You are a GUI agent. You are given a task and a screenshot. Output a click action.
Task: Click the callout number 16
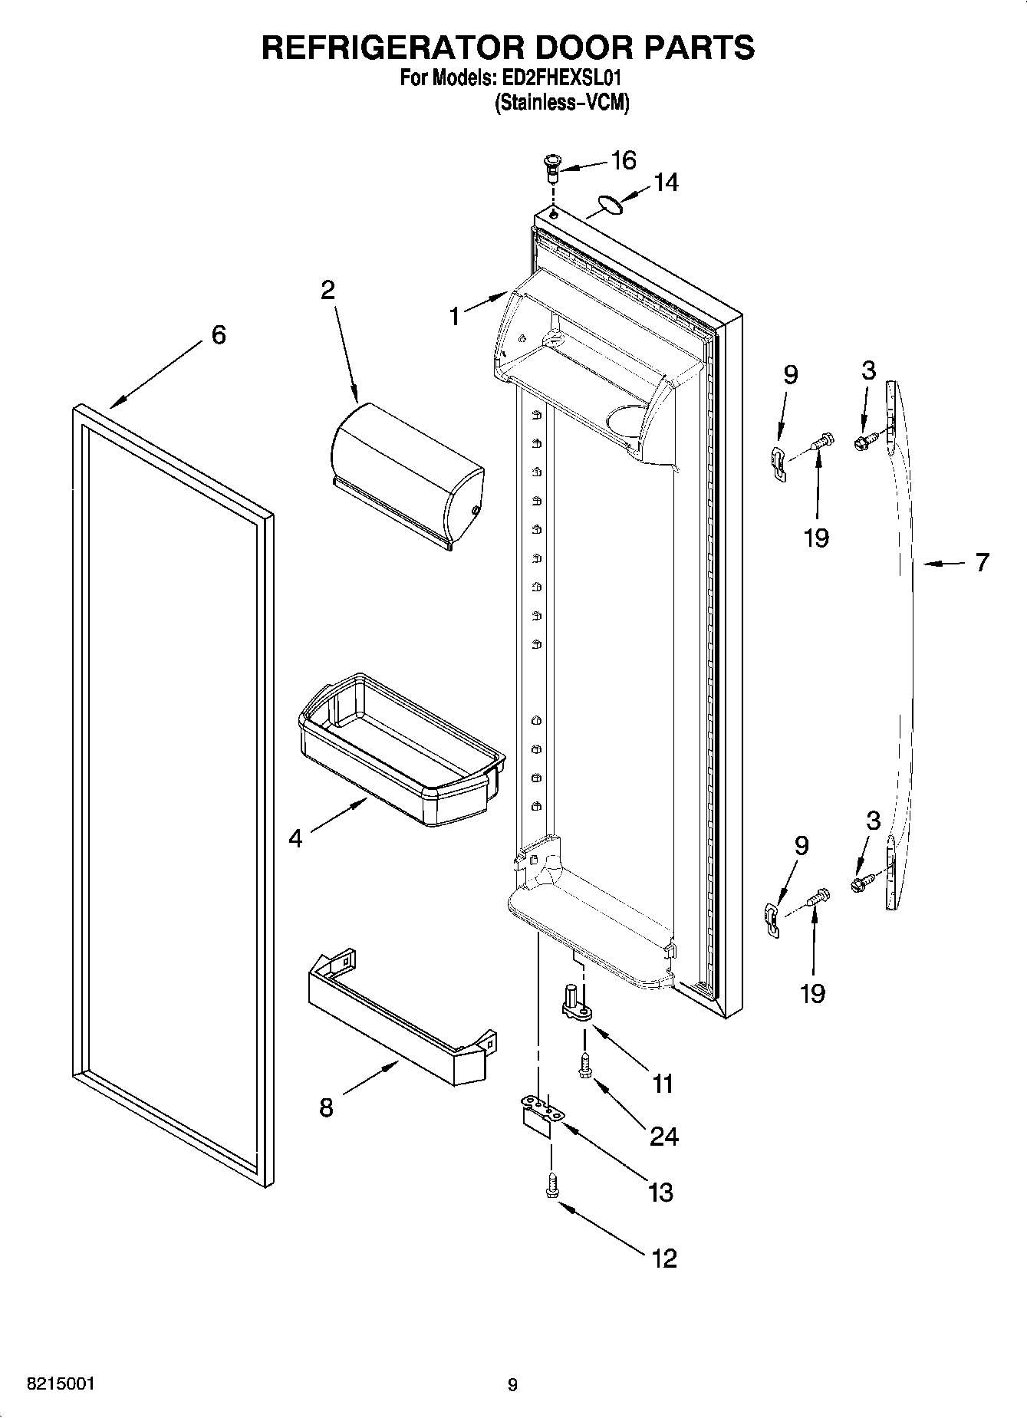(x=623, y=160)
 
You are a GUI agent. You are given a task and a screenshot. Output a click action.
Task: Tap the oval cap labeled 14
(x=608, y=202)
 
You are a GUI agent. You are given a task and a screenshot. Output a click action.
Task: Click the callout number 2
(x=328, y=290)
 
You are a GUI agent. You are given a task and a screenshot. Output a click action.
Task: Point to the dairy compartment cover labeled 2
(x=407, y=475)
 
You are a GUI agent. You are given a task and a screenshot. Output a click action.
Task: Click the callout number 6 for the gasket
(x=219, y=334)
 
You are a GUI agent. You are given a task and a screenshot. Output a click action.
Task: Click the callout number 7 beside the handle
(x=983, y=562)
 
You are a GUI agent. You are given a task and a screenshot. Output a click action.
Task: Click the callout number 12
(x=664, y=1258)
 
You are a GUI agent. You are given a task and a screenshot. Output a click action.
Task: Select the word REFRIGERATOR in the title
(x=393, y=48)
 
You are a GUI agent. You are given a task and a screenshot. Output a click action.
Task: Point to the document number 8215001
(x=61, y=1384)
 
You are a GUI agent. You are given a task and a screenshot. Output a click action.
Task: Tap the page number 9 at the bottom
(x=512, y=1385)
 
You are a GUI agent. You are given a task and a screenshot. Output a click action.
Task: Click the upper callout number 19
(x=817, y=538)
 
